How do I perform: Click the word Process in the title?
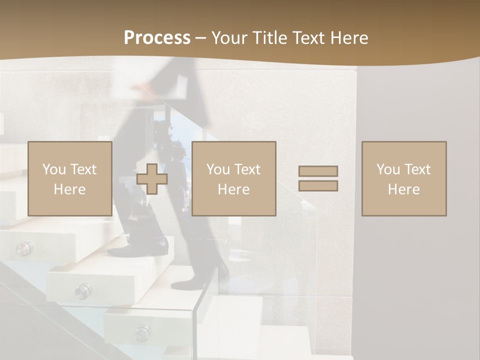[157, 38]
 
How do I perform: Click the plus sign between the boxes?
[152, 179]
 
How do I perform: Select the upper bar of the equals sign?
[318, 171]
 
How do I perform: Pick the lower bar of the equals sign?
[318, 186]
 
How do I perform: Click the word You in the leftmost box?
[54, 169]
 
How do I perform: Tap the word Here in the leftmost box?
[69, 189]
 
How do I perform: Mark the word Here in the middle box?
[233, 189]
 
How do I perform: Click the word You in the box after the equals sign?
[388, 169]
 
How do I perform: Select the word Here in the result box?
[403, 189]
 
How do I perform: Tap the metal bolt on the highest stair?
[23, 248]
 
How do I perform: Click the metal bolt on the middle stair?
[83, 290]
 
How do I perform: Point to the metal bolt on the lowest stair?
[142, 333]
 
